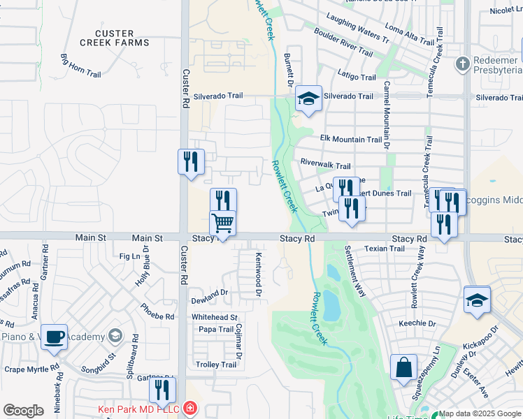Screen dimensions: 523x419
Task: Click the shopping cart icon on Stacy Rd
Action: pyautogui.click(x=223, y=223)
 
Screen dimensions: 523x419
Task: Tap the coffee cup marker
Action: pyautogui.click(x=54, y=337)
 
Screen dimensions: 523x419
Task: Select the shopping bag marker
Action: pyautogui.click(x=404, y=367)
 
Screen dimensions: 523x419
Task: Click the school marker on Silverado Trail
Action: pyautogui.click(x=308, y=98)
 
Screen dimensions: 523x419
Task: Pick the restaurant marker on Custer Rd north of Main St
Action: pyautogui.click(x=191, y=162)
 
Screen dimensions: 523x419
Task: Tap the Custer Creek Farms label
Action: pyautogui.click(x=122, y=38)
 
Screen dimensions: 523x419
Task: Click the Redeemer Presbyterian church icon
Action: pyautogui.click(x=461, y=64)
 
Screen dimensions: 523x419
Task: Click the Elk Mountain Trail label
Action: pyautogui.click(x=351, y=140)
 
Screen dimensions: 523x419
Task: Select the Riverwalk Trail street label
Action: pyautogui.click(x=325, y=166)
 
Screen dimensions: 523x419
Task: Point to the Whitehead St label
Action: pyautogui.click(x=215, y=318)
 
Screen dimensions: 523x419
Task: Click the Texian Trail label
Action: pyautogui.click(x=385, y=249)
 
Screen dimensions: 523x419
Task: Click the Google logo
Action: pyautogui.click(x=23, y=411)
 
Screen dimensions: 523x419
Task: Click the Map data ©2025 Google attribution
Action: pyautogui.click(x=480, y=413)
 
